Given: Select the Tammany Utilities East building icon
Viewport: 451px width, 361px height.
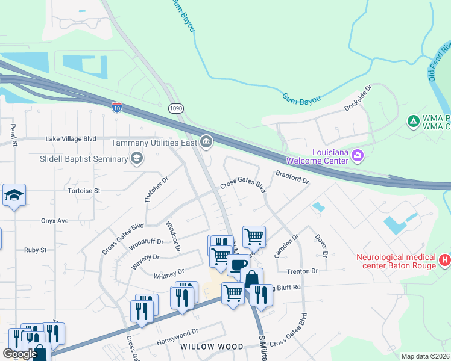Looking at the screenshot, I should point(206,142).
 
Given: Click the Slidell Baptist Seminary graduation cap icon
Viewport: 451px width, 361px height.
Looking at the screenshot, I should point(136,158).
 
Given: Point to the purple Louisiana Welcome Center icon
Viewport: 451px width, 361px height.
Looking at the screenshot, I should point(358,156).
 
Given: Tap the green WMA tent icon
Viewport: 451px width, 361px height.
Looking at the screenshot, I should point(414,122).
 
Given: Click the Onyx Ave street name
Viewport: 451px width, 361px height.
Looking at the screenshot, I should point(55,221).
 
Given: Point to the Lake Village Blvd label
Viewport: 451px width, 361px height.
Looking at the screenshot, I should point(71,138).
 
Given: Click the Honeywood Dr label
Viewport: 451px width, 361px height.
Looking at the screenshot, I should point(178,333).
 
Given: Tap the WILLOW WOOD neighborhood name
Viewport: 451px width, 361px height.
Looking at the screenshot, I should point(212,347).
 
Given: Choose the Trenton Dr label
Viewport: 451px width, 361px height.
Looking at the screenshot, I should point(302,271).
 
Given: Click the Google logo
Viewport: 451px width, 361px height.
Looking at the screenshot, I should point(20,354).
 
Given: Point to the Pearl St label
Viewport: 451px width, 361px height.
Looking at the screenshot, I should point(12,134).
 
